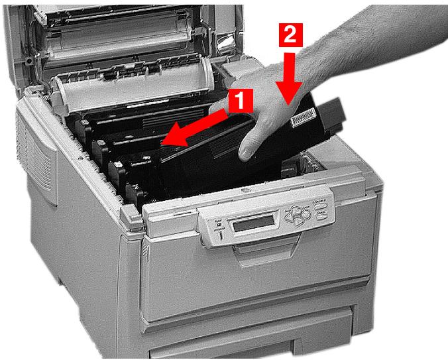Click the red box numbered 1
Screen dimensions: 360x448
point(241,100)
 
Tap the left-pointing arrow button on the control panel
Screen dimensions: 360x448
point(290,215)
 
